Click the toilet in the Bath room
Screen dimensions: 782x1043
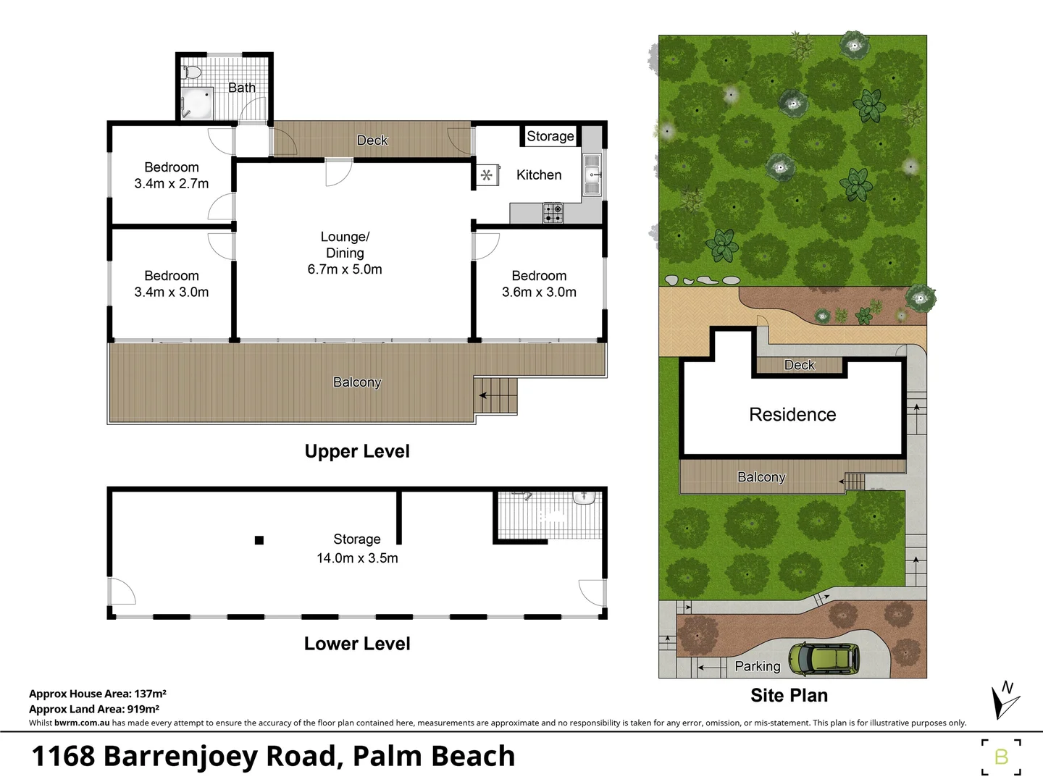[x=192, y=72]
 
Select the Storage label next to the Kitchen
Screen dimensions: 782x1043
[x=550, y=136]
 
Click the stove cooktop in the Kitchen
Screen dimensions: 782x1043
[x=553, y=213]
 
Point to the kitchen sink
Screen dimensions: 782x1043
[x=592, y=175]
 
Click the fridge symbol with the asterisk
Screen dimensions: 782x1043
[x=487, y=175]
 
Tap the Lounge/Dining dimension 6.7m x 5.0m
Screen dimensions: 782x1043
[x=345, y=269]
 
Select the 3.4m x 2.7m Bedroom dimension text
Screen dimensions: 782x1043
[x=172, y=184]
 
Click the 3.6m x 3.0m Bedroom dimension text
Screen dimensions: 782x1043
[x=539, y=293]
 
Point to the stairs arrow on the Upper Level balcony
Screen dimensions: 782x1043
[x=483, y=395]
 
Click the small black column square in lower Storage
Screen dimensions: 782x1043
[x=259, y=540]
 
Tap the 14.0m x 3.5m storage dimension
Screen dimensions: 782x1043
[x=357, y=558]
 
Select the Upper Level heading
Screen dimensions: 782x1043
[x=357, y=452]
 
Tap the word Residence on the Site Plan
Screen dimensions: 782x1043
[x=792, y=415]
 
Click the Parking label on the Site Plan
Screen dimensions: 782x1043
[x=758, y=666]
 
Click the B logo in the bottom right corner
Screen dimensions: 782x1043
[x=1001, y=757]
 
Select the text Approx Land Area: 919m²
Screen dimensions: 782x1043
[x=94, y=710]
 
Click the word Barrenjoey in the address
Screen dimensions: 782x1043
[x=182, y=756]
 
